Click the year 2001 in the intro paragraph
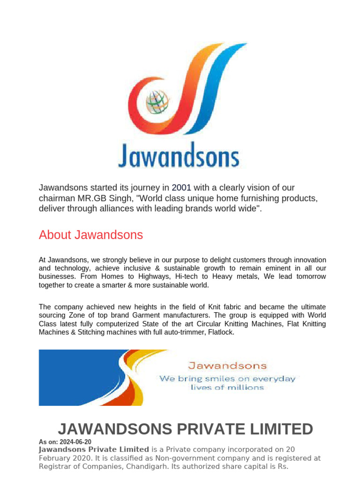pos(181,187)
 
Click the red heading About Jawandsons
pos(91,235)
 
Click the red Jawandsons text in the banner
pos(227,366)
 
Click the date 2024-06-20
pos(75,442)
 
